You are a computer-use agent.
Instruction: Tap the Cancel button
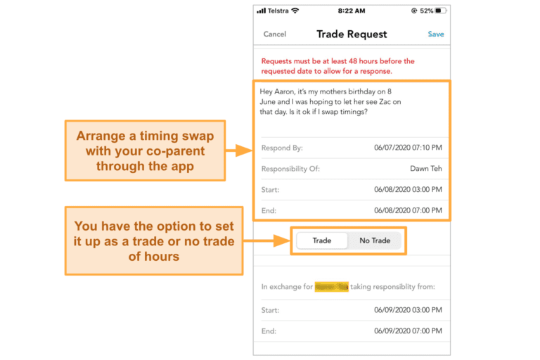coord(274,34)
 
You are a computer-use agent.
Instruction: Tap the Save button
coord(435,34)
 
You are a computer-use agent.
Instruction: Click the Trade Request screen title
coord(352,34)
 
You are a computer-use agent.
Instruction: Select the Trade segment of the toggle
coord(321,240)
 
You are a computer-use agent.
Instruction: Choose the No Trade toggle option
coord(375,240)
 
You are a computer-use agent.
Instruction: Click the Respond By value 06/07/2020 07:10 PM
coord(407,148)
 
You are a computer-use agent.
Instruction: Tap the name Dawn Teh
coord(426,169)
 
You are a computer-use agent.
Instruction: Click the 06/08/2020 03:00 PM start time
coord(407,190)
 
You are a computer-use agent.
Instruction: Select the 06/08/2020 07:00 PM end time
coord(407,210)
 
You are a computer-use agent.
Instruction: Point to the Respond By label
coord(281,148)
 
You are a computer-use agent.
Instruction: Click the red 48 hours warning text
coord(337,66)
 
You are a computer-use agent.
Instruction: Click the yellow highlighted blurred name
coord(331,286)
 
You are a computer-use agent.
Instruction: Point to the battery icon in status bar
coord(440,11)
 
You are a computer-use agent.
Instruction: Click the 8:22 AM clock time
coord(351,11)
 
